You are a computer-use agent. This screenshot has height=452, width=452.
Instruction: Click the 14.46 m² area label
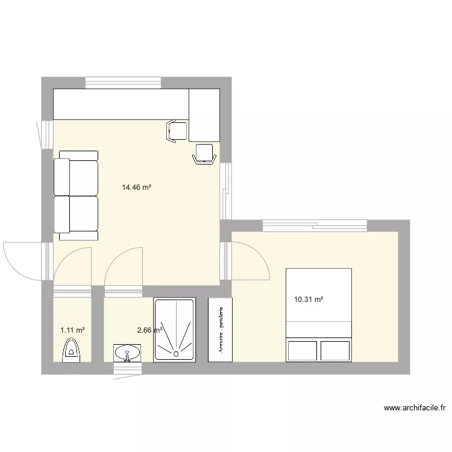click(136, 187)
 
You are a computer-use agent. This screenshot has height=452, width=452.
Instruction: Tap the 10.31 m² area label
click(309, 299)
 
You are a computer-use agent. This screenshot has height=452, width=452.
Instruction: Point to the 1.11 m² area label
click(72, 330)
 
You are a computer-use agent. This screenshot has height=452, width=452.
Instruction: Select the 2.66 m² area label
click(149, 330)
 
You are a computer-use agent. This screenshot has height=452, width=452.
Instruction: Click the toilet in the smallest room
click(71, 351)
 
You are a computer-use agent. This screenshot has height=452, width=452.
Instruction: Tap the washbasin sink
click(127, 353)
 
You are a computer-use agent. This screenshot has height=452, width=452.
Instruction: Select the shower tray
click(174, 329)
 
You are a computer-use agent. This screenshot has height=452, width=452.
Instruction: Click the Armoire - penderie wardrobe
click(220, 329)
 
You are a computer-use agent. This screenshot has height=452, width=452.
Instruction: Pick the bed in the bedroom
click(318, 315)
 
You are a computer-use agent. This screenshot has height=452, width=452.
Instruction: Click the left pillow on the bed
click(302, 350)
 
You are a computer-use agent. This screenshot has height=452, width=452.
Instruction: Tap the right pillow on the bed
click(335, 350)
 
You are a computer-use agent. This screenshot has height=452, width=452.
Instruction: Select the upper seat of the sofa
click(77, 174)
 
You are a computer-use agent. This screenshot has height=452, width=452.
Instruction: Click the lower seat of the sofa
click(77, 213)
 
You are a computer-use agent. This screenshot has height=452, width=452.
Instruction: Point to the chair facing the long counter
click(177, 131)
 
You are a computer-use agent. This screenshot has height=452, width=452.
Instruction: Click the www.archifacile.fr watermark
click(415, 408)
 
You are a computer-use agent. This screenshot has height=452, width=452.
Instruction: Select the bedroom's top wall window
click(315, 225)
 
